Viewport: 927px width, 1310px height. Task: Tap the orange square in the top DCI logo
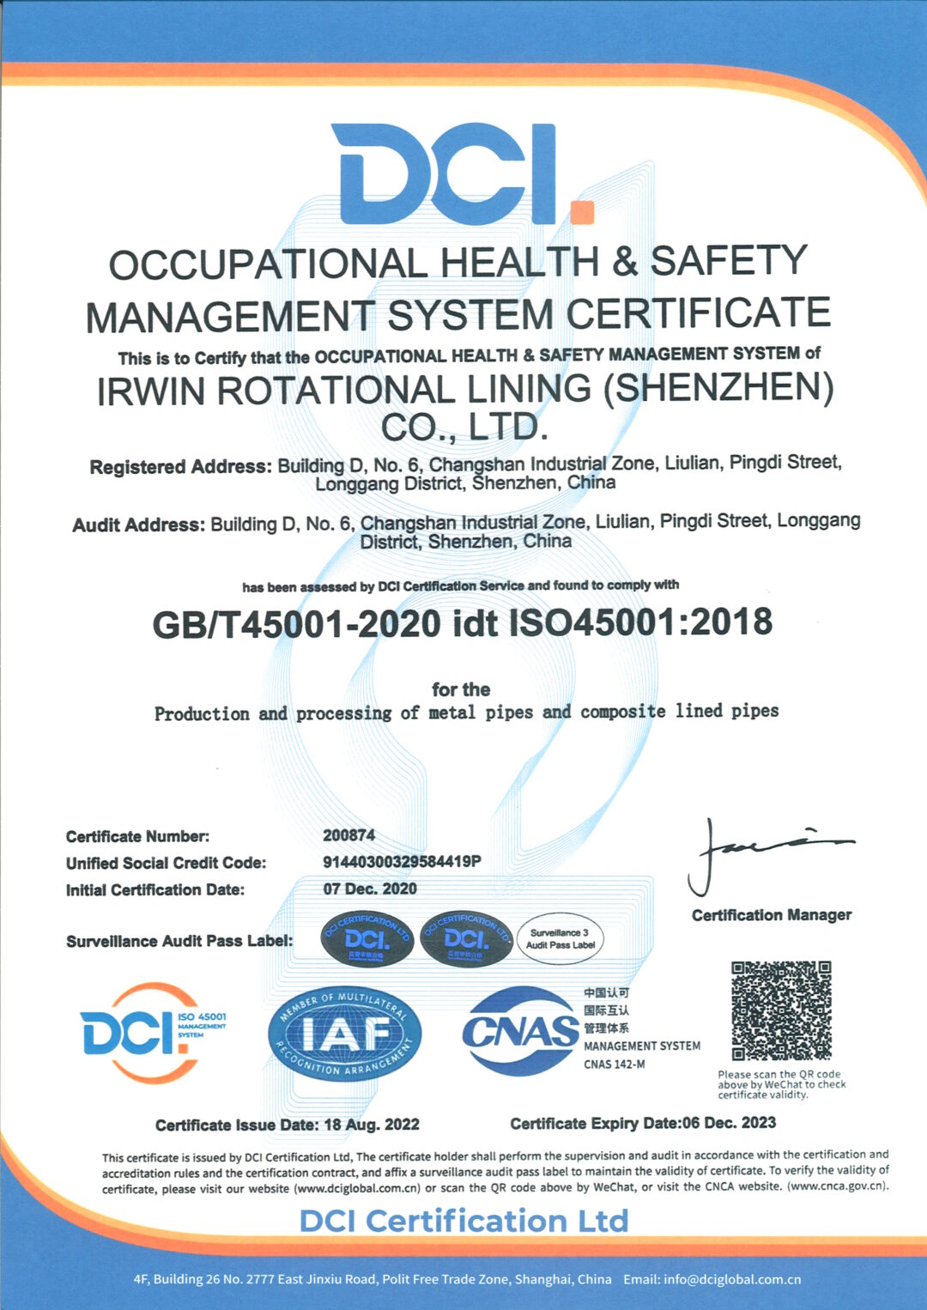tap(582, 211)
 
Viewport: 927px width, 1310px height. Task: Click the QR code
tap(781, 1011)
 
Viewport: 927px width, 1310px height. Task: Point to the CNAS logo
tap(520, 1031)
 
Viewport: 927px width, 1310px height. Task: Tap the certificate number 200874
tap(348, 835)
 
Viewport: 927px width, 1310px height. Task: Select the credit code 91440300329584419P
tap(401, 862)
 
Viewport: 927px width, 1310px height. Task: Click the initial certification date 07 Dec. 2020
tap(370, 888)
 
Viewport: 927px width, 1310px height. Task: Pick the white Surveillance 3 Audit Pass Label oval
tap(560, 939)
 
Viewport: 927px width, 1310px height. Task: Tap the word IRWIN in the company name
tap(150, 391)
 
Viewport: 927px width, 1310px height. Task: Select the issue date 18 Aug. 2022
tap(371, 1125)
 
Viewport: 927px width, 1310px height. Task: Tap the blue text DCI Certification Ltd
tap(463, 1221)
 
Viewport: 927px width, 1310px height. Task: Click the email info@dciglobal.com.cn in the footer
tap(731, 1279)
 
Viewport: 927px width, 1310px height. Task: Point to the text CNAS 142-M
tap(615, 1064)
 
